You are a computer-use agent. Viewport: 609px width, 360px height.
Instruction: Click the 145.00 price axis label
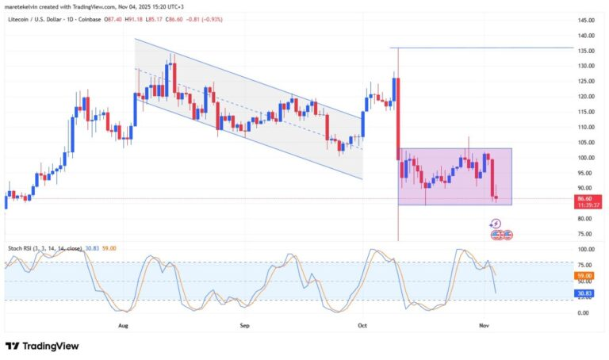(588, 20)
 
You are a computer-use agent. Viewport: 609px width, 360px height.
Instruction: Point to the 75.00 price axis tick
(587, 234)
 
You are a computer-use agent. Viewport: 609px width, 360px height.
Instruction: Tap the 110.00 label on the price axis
(588, 127)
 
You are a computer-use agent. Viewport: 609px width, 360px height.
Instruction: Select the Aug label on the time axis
(123, 325)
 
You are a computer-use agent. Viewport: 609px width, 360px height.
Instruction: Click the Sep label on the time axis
(244, 325)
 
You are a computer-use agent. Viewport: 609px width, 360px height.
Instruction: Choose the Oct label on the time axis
(362, 325)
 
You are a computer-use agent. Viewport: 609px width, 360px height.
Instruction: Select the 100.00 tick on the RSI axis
(586, 249)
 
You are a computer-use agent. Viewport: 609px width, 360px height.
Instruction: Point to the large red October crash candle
(397, 119)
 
